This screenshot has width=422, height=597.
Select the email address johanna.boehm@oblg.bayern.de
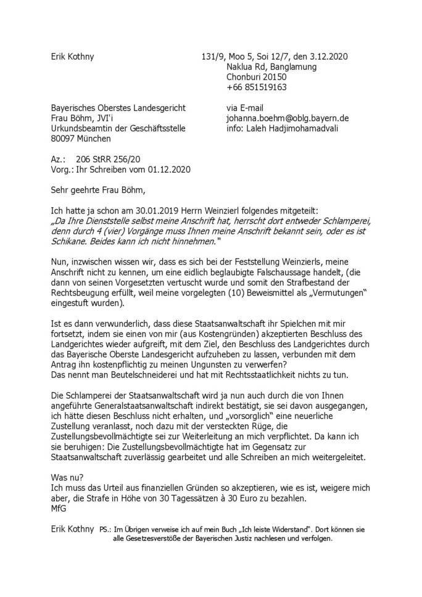288,118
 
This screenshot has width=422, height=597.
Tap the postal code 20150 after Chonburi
273,76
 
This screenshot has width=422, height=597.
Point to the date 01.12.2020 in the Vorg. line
168,168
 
